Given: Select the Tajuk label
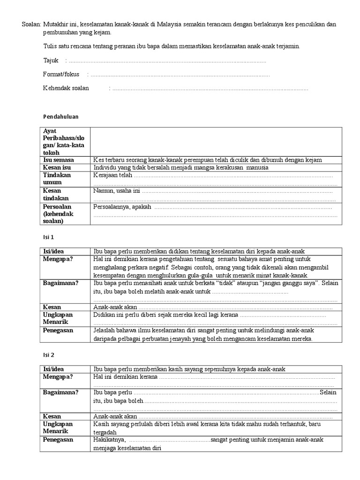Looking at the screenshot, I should (51, 60).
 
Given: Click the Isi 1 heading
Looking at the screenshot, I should (49, 237).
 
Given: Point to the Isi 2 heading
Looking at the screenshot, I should (49, 355).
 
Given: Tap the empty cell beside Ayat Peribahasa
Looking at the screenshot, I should (213, 142).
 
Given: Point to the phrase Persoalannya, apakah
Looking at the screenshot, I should (123, 207).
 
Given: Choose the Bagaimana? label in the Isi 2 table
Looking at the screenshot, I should (60, 392).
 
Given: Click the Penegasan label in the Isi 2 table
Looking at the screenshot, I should (58, 440).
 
